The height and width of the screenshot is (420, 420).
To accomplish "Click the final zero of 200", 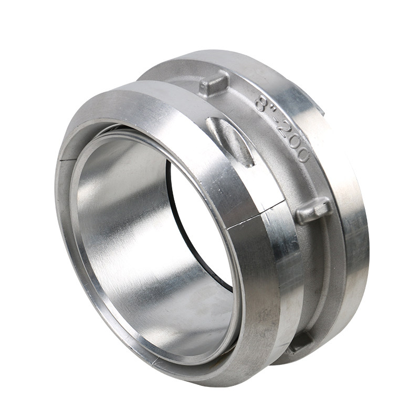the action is tap(303, 156).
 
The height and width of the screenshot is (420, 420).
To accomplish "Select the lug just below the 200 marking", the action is tap(313, 211).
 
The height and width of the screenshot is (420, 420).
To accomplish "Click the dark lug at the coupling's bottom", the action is tap(301, 342).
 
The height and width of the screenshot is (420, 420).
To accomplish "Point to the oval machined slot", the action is tap(230, 141).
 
